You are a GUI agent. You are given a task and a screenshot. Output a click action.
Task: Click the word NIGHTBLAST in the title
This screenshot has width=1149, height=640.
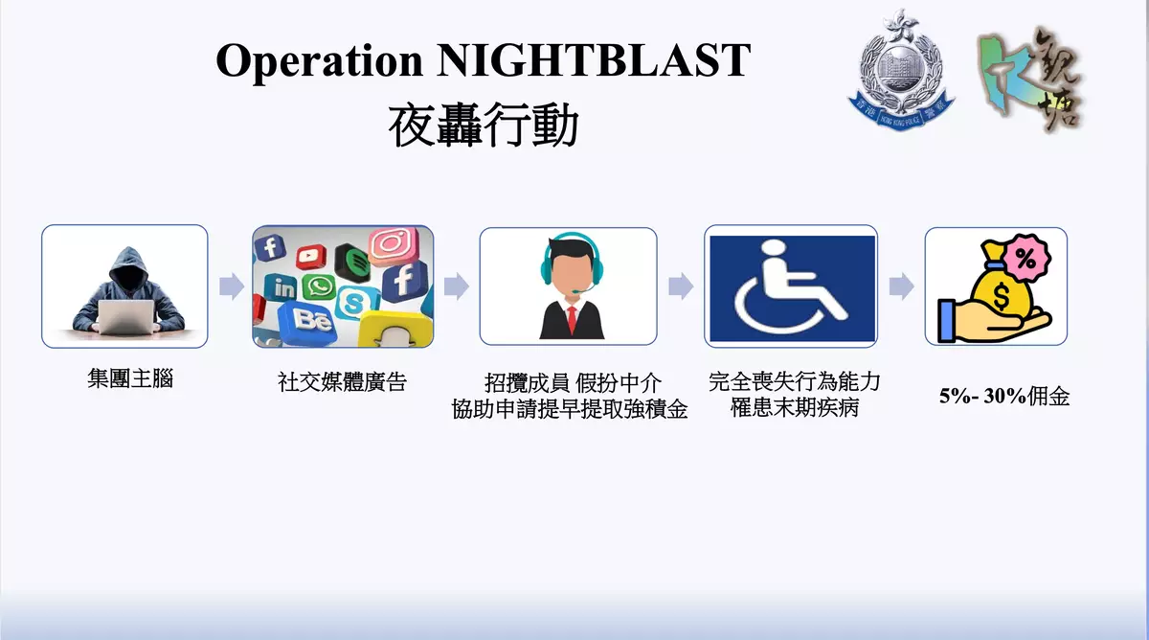pos(594,60)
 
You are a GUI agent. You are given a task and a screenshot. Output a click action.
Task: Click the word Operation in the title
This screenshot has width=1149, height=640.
pos(319,62)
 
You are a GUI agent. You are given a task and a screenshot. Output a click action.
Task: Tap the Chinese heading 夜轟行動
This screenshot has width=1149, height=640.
pos(484,126)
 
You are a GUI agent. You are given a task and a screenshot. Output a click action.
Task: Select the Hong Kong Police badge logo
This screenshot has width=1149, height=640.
pos(901,70)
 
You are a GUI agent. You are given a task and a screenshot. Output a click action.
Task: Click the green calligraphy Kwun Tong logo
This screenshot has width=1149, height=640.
pos(1030,78)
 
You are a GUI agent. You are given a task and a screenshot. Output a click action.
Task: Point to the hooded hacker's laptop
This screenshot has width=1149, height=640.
pos(126,316)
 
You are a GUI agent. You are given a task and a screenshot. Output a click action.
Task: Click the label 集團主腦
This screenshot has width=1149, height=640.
pos(130,378)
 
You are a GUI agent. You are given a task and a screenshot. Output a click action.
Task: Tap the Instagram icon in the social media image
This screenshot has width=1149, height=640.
pos(394,245)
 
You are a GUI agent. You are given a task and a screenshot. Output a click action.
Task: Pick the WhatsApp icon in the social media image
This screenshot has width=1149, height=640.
pos(319,286)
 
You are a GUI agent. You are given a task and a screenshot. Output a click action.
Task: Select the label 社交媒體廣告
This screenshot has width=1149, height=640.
pos(342,382)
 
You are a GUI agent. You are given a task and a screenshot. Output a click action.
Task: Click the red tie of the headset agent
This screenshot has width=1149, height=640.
pos(572,320)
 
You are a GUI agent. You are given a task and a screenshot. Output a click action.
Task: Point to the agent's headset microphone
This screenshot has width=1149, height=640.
pos(585,288)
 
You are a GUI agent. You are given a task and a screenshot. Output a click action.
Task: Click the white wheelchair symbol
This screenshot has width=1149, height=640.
pos(791,288)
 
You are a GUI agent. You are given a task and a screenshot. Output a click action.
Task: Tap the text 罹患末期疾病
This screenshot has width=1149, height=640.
pos(795,408)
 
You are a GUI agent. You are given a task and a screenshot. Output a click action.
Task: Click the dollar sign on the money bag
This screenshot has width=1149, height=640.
pos(1001,298)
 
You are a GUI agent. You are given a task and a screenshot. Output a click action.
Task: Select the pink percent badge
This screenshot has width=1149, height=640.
pos(1026,258)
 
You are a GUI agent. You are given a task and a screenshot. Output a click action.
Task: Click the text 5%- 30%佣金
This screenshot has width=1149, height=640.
pos(1004,397)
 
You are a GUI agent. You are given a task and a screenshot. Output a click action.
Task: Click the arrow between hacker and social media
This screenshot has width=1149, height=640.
pos(232,286)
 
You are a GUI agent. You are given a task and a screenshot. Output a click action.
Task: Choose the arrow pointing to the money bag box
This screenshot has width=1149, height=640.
pos(901,286)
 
